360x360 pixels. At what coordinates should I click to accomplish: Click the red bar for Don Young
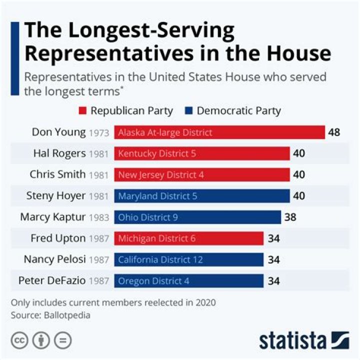(x=219, y=132)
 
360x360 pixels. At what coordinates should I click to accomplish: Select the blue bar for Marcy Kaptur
(x=197, y=217)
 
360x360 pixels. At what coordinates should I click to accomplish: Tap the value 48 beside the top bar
(x=334, y=132)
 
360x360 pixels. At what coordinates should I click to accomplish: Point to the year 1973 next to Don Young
(x=98, y=133)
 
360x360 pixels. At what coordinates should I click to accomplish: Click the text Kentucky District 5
(x=157, y=154)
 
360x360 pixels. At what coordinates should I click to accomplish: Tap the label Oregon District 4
(x=153, y=281)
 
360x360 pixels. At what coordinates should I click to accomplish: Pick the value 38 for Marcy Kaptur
(x=290, y=217)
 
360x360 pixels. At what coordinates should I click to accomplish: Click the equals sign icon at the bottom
(x=62, y=340)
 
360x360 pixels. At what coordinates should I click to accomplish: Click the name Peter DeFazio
(x=52, y=280)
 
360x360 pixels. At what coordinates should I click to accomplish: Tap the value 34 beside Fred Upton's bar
(x=273, y=238)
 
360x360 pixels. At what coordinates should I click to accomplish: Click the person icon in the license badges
(x=41, y=340)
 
